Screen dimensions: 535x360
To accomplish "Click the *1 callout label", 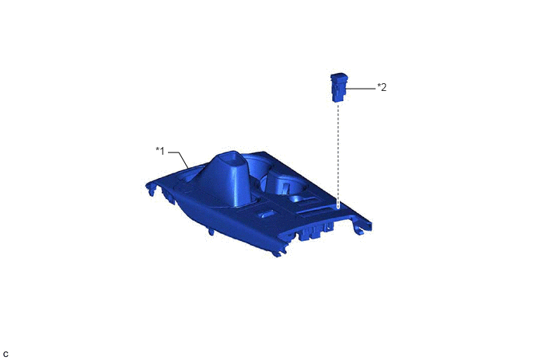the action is pyautogui.click(x=160, y=151).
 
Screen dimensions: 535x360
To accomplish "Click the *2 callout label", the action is pyautogui.click(x=382, y=87).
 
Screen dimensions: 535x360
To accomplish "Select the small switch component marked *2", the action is pyautogui.click(x=338, y=88).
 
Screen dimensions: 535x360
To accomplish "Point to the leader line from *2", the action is pyautogui.click(x=361, y=89).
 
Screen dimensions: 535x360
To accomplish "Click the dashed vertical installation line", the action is pyautogui.click(x=338, y=156).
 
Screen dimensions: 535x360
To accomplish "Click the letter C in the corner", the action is pyautogui.click(x=5, y=355).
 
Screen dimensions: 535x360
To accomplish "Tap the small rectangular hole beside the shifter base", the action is pyautogui.click(x=267, y=214).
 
